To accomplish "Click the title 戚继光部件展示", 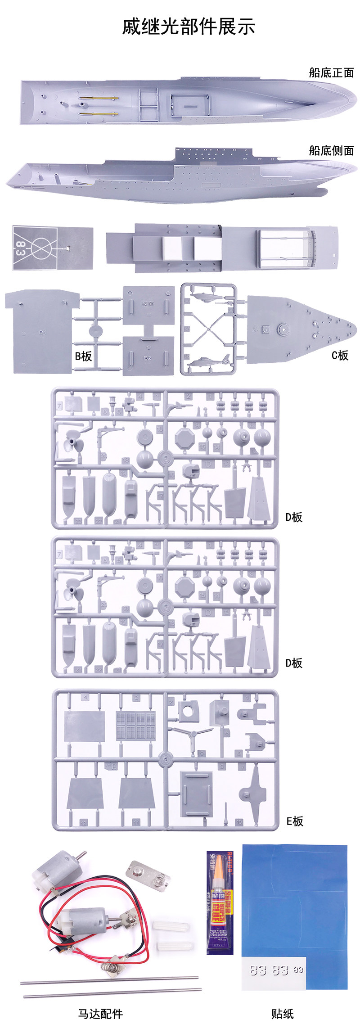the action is [x=189, y=27].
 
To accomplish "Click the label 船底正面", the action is [x=331, y=72].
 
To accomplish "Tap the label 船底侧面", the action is [x=331, y=150].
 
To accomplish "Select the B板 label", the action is [x=83, y=356].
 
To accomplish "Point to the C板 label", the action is [x=340, y=356].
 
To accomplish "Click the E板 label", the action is [x=295, y=821].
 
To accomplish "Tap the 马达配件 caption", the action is [x=100, y=1014].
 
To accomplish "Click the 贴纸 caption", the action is [x=282, y=1014].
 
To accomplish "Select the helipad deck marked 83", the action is [x=53, y=248].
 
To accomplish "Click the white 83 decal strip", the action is [x=274, y=970].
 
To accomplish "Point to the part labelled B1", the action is [x=42, y=332].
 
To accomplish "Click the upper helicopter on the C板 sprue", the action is [x=208, y=298].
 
